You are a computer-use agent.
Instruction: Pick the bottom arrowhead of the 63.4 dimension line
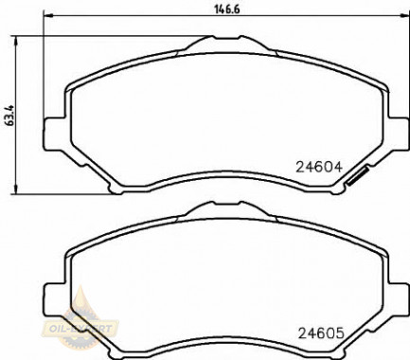[x=20, y=186]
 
